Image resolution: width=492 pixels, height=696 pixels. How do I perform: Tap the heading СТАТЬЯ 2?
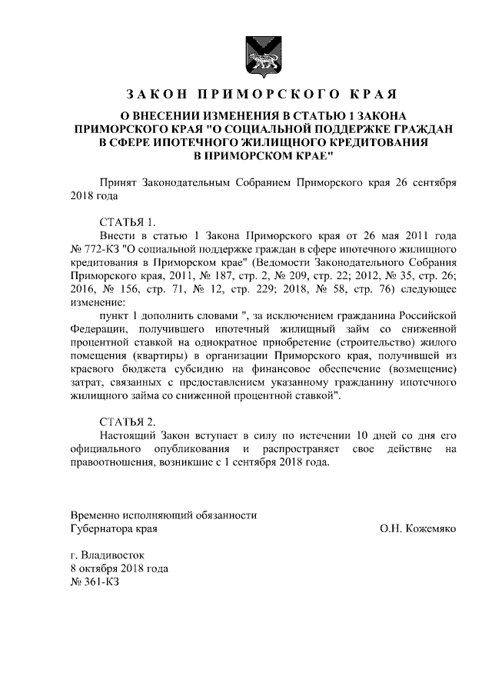128,421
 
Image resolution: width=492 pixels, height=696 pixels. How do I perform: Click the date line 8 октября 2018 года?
118,568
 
